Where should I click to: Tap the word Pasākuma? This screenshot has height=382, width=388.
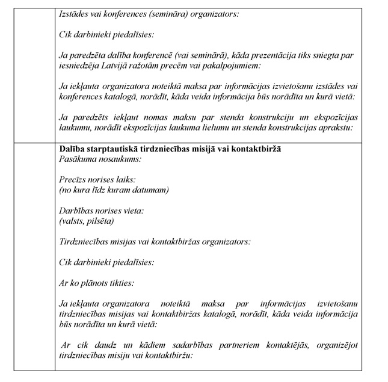(77, 159)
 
